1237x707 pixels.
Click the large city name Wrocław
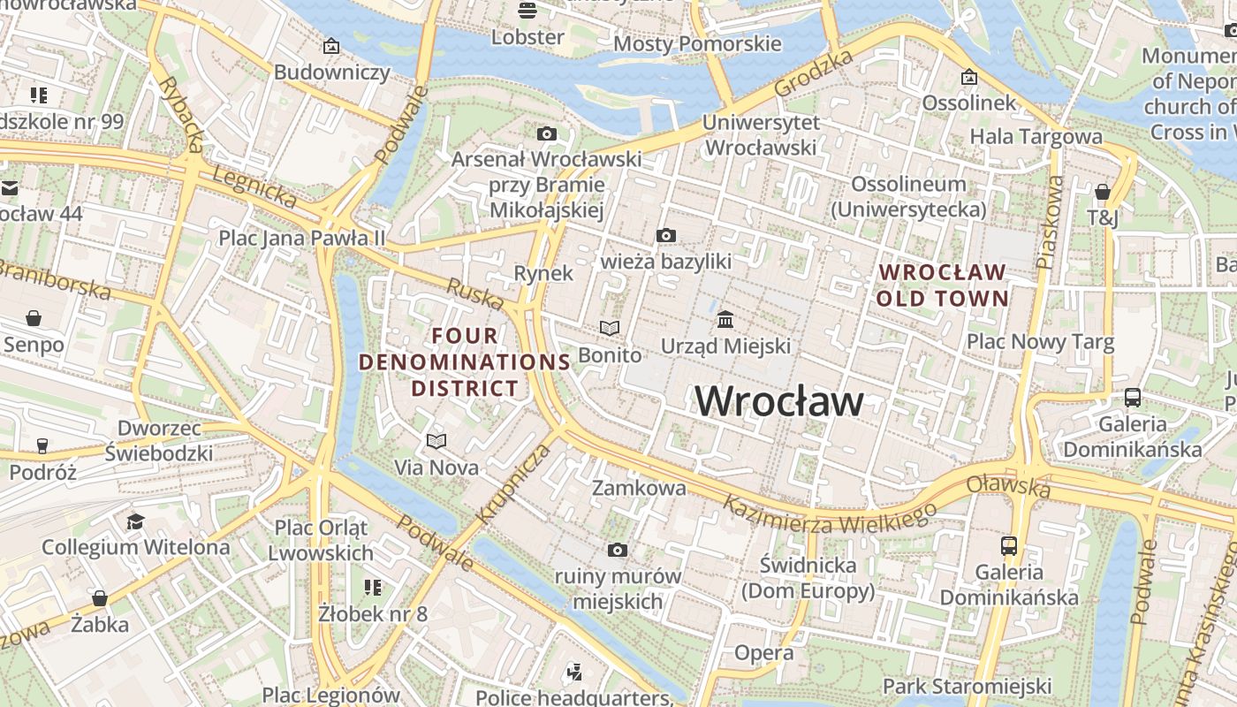[779, 401]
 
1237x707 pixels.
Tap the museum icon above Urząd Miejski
[725, 318]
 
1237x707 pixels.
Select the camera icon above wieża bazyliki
[666, 235]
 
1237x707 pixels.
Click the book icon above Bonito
[610, 328]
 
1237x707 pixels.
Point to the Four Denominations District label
[465, 361]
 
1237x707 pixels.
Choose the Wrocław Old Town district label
[942, 285]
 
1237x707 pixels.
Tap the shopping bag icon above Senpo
[34, 317]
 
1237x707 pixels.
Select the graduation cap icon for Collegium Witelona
[135, 521]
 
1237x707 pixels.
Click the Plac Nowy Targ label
[1040, 341]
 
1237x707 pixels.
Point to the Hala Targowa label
[1036, 136]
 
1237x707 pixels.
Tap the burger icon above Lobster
[527, 11]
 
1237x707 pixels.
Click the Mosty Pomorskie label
[697, 43]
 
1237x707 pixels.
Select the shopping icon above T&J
[1102, 192]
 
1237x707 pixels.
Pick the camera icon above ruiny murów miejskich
[618, 551]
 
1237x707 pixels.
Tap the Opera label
[764, 652]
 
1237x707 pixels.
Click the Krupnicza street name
[512, 483]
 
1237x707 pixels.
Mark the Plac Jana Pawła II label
[302, 238]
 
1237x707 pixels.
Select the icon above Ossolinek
[969, 78]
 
